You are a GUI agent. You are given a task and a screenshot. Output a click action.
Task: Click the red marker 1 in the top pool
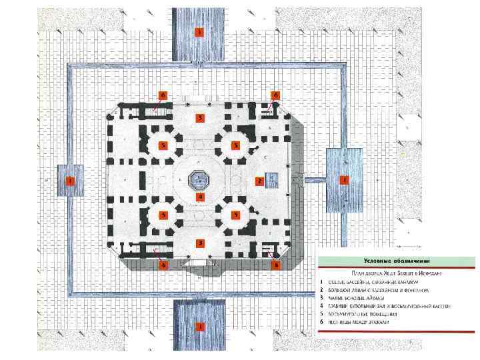tap(198, 31)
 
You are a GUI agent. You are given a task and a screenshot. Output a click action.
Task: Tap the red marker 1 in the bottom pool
tap(198, 327)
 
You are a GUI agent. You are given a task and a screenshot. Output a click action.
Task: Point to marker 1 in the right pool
tap(344, 180)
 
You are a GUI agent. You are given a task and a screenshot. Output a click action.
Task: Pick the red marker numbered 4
tap(198, 197)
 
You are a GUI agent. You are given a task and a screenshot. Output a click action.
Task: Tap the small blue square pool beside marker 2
tap(271, 179)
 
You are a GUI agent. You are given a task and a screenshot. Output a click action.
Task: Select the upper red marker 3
tap(198, 118)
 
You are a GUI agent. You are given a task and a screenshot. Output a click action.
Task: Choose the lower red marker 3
tap(198, 243)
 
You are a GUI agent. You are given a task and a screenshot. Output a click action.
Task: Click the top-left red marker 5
tap(162, 145)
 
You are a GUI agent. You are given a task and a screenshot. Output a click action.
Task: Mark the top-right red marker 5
tap(235, 145)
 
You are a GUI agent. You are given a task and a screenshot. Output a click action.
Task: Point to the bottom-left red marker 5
tap(162, 215)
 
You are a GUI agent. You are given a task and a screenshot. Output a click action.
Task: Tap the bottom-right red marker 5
tap(235, 215)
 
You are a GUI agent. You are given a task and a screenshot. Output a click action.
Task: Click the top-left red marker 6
tap(162, 95)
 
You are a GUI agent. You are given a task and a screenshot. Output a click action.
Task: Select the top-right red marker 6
tap(275, 95)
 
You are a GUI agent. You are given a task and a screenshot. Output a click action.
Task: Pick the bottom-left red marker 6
tap(162, 265)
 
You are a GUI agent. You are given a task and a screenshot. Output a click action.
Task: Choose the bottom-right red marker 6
tap(275, 265)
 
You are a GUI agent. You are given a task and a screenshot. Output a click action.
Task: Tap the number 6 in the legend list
tap(322, 321)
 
